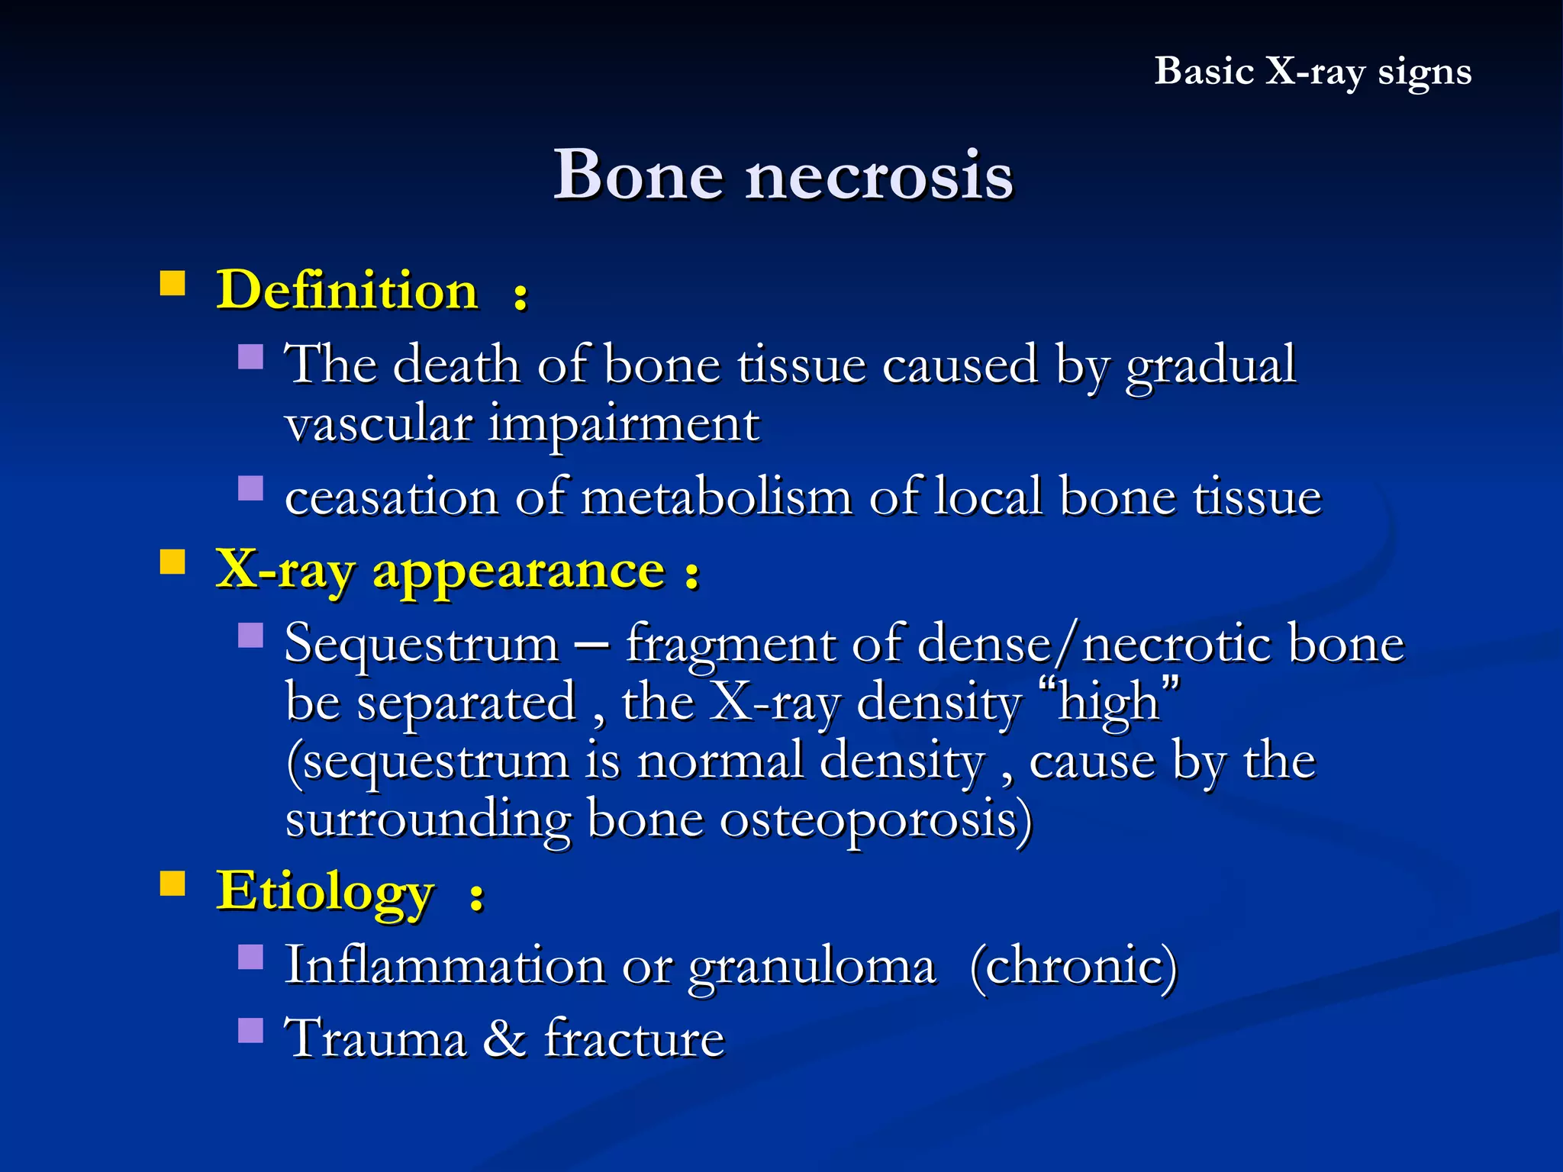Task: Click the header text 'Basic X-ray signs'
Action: tap(1312, 72)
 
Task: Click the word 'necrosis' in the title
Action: tap(878, 175)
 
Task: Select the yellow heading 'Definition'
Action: tap(347, 291)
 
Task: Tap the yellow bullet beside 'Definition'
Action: tap(173, 283)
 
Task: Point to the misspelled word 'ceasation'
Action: tap(392, 497)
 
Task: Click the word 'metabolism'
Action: tap(716, 497)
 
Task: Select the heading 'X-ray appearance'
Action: tap(440, 570)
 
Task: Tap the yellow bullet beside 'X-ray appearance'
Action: tap(173, 562)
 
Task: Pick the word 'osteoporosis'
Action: tap(875, 820)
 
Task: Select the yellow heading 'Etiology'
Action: tap(326, 890)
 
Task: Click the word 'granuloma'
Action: tap(811, 967)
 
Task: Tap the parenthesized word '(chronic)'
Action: tap(1074, 967)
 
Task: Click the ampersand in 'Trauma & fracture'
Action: tap(504, 1038)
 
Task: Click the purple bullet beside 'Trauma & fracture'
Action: tap(250, 1030)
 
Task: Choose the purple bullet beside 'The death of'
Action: tap(250, 356)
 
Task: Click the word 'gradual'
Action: tap(1210, 365)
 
